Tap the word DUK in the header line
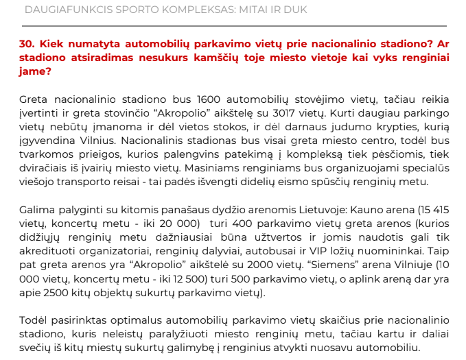point(293,10)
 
